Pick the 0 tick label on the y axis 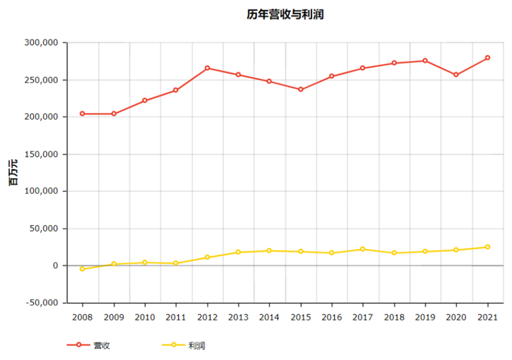[56, 265]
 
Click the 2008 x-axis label [82, 317]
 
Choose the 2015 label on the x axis [301, 317]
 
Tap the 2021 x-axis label [488, 317]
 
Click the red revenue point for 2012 [207, 68]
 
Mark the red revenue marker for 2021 [488, 58]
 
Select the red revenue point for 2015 [301, 89]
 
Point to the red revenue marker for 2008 [82, 114]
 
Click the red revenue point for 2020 [456, 75]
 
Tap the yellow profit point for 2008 [82, 269]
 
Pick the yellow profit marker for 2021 [488, 247]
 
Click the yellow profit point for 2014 [269, 251]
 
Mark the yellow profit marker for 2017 [363, 249]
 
